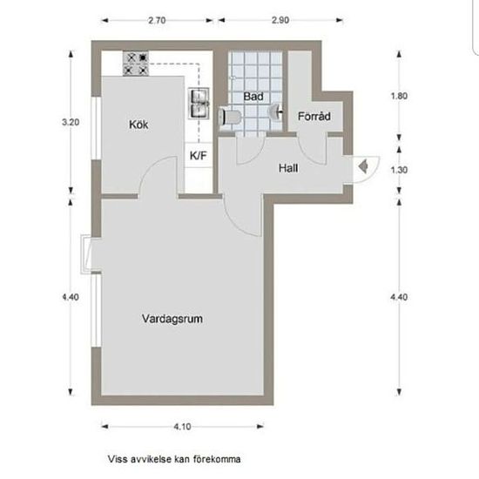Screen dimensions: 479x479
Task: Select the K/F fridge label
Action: point(198,156)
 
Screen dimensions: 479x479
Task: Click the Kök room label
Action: point(138,125)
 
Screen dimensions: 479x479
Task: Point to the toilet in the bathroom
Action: point(231,114)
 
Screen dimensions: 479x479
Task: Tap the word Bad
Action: point(253,96)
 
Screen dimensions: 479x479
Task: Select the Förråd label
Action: point(313,116)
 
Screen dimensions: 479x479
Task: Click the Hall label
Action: point(289,167)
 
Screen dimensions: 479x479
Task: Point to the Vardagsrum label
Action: point(172,319)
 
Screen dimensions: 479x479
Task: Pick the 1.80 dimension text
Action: point(401,96)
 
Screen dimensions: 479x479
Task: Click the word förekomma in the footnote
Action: point(218,458)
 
